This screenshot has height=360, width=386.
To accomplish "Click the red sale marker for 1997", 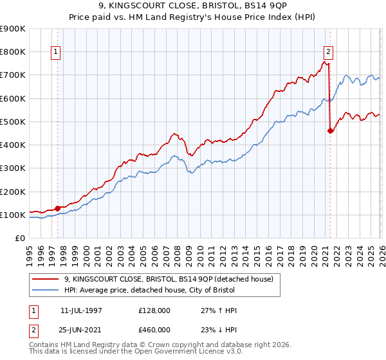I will pyautogui.click(x=58, y=208).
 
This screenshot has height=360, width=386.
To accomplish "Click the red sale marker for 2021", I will pyautogui.click(x=331, y=130).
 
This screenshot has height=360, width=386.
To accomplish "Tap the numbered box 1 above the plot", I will pyautogui.click(x=56, y=53).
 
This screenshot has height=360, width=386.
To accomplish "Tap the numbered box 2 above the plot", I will pyautogui.click(x=328, y=53).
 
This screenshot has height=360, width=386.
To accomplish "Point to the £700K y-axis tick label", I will pyautogui.click(x=12, y=75).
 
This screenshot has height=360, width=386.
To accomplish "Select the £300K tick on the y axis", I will pyautogui.click(x=12, y=168).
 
